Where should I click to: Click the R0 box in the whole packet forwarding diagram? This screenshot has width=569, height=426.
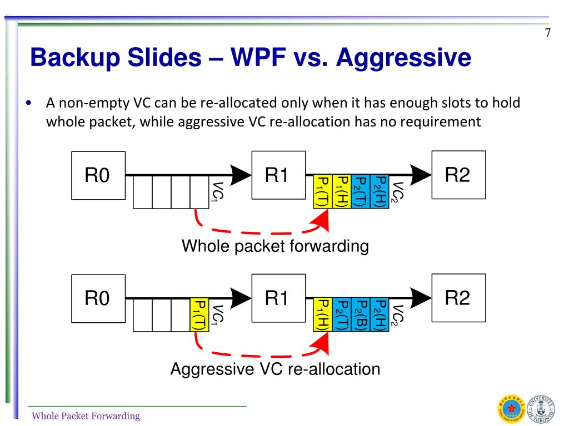tap(98, 176)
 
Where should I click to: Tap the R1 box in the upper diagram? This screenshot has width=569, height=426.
tap(278, 175)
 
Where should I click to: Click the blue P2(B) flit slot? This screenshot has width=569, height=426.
tap(360, 315)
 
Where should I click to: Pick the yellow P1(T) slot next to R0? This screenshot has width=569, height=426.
tap(199, 315)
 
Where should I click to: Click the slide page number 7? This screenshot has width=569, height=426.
tap(547, 33)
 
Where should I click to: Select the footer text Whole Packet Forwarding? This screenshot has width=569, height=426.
tap(86, 416)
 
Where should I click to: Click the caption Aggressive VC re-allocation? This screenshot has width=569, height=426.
tap(275, 369)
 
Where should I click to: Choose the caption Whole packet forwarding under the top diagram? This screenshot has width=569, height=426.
tap(275, 246)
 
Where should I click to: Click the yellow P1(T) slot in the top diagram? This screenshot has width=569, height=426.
tap(322, 191)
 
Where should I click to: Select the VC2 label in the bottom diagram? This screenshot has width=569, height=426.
tap(397, 315)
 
